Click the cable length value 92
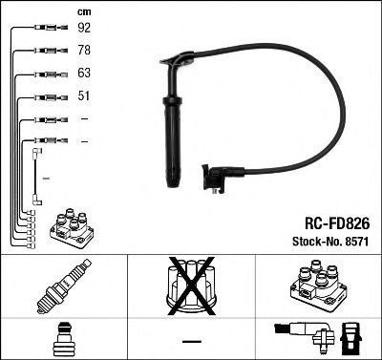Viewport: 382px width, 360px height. [85, 28]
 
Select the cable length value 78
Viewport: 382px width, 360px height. [85, 50]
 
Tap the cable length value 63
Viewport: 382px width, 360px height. [85, 73]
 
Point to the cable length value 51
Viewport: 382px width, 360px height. [84, 95]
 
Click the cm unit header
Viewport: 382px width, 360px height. [83, 11]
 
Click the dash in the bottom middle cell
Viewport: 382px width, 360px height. [191, 341]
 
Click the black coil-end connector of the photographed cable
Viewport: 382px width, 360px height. [215, 178]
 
